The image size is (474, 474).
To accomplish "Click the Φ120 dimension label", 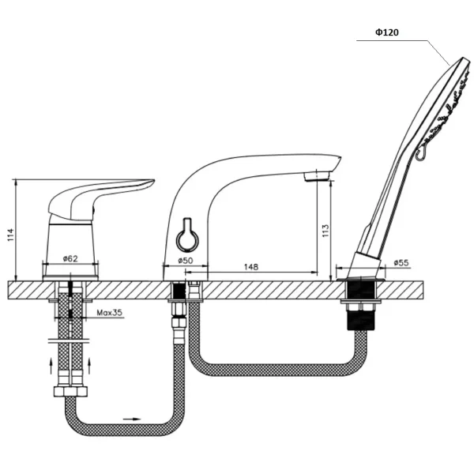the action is coord(387,32).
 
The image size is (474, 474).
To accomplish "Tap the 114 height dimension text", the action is coord(10,235).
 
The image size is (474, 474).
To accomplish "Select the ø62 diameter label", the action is coord(70,259).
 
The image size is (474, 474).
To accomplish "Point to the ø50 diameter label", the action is coord(186,260).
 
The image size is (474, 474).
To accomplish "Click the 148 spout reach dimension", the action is coord(251,267).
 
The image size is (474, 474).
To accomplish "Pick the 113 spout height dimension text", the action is coord(325,231).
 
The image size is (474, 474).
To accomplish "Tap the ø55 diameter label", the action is coord(401,263).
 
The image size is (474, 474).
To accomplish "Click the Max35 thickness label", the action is coord(110,312).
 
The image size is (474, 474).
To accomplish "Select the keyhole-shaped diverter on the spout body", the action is coord(187,234).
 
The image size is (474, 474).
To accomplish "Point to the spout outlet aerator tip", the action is coord(317,175).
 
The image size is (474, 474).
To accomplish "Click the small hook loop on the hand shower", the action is coord(420,153).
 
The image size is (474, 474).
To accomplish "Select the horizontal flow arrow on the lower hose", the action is coord(132,419).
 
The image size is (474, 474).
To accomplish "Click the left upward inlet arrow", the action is coord(51,366).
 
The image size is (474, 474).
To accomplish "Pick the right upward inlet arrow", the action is coord(89,366).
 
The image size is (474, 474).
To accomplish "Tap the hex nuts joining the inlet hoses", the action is coord(70,391).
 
